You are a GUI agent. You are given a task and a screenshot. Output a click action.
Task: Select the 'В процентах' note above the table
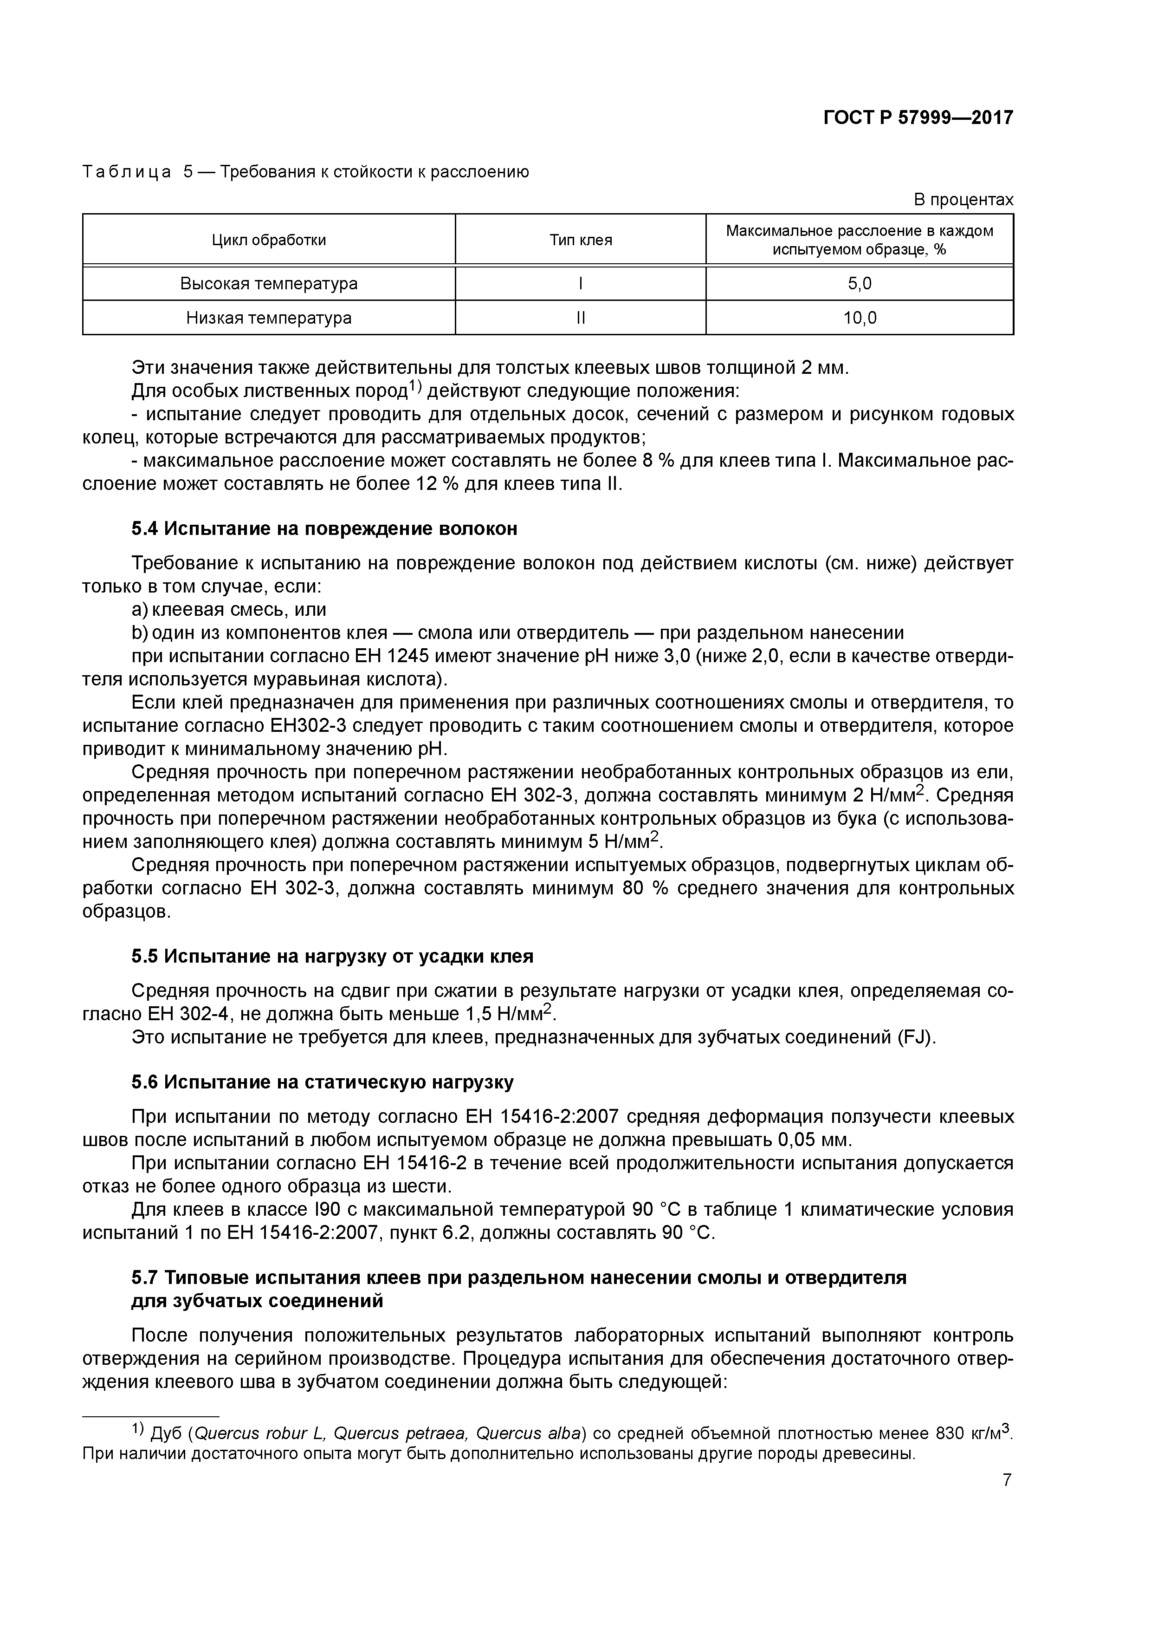pos(963,200)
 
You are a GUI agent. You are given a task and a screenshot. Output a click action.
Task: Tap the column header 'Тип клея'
pos(580,240)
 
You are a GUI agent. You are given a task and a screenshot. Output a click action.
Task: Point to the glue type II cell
pos(580,318)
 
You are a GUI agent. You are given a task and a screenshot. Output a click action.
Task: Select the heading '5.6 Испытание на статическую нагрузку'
pos(323,1082)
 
